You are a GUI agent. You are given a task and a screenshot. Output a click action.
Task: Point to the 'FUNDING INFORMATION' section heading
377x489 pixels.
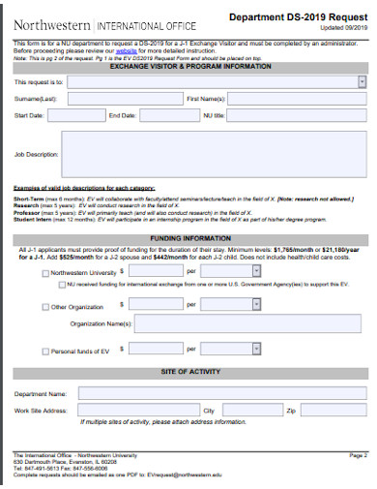point(190,237)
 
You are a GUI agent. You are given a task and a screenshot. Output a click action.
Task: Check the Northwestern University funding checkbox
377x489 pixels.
point(45,274)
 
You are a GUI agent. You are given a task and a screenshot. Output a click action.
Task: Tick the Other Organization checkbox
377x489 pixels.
point(45,307)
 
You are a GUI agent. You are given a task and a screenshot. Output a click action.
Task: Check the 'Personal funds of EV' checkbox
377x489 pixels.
point(45,350)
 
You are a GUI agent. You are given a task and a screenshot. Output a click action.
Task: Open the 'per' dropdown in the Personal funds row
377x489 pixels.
point(232,349)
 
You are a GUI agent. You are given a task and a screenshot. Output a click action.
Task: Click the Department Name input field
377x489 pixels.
point(221,395)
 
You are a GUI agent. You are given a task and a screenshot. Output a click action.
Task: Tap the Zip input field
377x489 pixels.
point(333,411)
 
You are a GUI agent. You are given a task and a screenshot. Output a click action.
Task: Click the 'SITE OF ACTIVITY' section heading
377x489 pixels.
point(190,372)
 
